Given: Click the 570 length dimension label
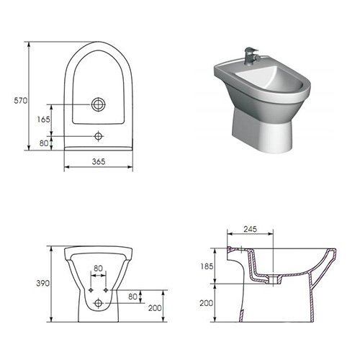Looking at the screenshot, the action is tap(21, 101).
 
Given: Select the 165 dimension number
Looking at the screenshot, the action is tap(43, 120).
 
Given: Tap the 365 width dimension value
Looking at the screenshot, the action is tap(99, 161).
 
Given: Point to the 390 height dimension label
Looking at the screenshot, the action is tap(43, 284).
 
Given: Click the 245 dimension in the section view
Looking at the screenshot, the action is tap(251, 229).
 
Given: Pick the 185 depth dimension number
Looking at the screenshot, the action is tap(207, 266).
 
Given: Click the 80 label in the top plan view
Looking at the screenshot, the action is tap(44, 143).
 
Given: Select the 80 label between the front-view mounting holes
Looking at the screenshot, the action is tap(98, 269).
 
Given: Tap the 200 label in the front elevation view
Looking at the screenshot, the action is tap(155, 308).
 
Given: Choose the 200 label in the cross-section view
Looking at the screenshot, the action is tap(207, 303).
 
